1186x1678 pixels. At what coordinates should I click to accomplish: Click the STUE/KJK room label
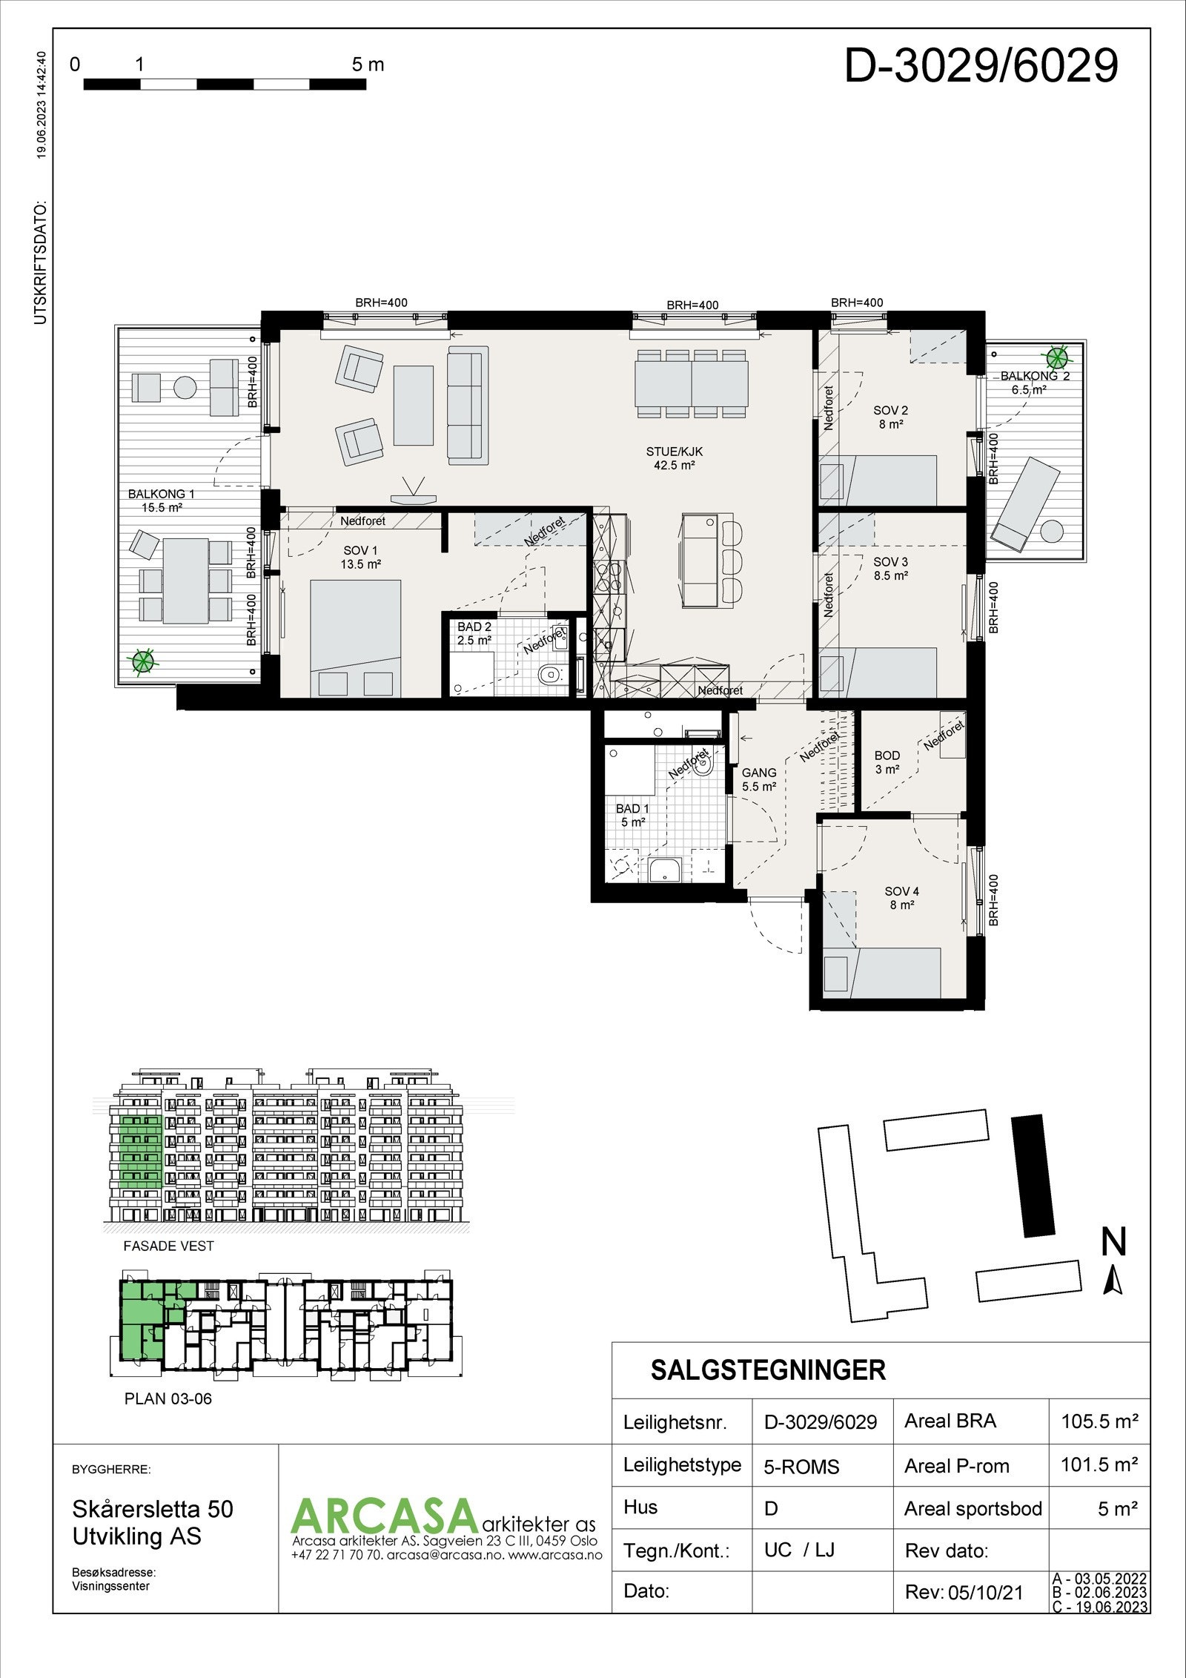pos(674,458)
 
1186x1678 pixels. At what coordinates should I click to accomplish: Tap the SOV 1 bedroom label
pos(360,557)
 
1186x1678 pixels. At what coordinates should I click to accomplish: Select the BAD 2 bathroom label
pos(474,633)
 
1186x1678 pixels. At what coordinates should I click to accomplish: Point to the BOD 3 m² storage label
pos(887,762)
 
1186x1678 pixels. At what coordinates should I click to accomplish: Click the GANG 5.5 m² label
pos(759,779)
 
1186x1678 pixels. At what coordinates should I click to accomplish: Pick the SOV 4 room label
pos(901,898)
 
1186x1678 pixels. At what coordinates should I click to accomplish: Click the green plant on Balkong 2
pos(1057,359)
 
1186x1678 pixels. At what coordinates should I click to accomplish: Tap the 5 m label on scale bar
pos(368,65)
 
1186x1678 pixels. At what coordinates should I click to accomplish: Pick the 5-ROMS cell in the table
pos(801,1467)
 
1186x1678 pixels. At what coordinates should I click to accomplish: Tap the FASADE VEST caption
pos(168,1246)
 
